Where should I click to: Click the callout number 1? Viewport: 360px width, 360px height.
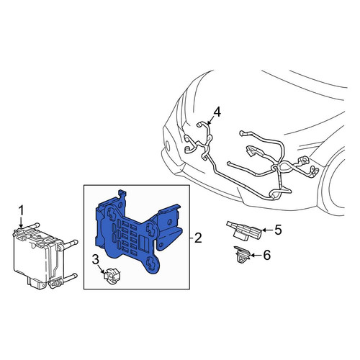click(22, 211)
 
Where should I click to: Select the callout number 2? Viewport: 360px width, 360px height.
click(198, 238)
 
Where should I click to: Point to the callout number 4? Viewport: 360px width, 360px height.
click(217, 112)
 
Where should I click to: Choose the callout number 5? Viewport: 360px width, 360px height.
click(278, 230)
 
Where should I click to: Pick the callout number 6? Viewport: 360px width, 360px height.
click(266, 255)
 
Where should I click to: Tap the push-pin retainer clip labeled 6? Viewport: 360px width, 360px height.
click(242, 254)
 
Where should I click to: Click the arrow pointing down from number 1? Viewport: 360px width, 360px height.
click(22, 222)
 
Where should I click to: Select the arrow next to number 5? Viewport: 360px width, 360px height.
click(267, 230)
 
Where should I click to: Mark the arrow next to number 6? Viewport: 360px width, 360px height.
click(256, 256)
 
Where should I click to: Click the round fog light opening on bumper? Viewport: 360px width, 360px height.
click(168, 145)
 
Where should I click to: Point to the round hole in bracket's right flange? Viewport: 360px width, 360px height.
click(170, 221)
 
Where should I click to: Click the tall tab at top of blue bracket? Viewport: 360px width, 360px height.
click(122, 197)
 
